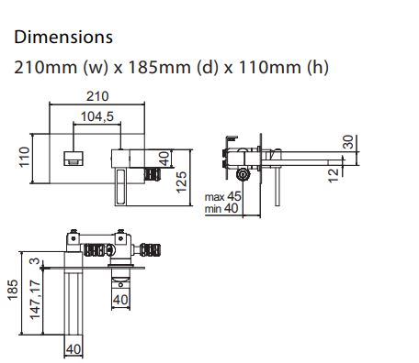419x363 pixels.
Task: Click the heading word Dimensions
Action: [63, 37]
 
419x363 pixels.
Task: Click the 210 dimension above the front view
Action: [97, 96]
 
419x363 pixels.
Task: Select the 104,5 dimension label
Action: [97, 116]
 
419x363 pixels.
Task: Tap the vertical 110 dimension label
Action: [25, 157]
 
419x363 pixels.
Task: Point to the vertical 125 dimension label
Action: [181, 182]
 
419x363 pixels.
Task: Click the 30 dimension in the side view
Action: [348, 142]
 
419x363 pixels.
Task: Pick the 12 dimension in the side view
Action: [334, 175]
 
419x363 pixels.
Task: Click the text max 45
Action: [222, 196]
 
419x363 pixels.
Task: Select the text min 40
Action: [221, 208]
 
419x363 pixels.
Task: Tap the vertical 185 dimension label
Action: [13, 290]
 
